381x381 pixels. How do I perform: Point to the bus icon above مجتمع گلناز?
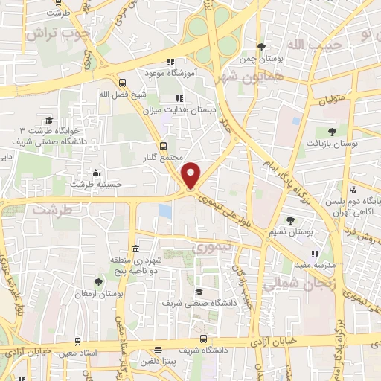163,146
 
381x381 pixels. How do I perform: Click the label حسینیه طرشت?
105,183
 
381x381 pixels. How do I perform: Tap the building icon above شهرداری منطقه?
135,249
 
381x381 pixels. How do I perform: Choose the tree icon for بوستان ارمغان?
98,281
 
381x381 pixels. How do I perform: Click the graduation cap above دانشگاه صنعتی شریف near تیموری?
198,292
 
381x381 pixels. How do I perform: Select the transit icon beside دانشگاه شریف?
158,350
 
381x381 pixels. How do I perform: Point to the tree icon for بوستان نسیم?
290,220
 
